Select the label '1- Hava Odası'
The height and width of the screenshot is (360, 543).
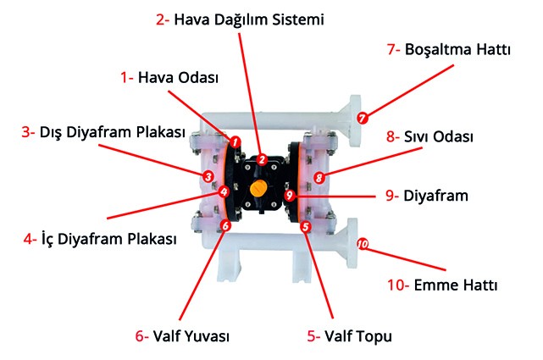point(169,77)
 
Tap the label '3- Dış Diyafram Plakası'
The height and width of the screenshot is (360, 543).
point(103,133)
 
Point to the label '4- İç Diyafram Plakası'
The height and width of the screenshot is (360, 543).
point(100,239)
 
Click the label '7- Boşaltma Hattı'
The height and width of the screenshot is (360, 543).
point(449,50)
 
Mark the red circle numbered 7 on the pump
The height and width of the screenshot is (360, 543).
point(363,119)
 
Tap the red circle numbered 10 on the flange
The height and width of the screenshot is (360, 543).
point(363,244)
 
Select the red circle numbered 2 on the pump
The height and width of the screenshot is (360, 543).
point(263,158)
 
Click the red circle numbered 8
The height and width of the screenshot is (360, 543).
point(319,177)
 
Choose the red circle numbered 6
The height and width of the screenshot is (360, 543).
point(225,226)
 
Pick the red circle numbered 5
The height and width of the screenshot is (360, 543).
point(306,226)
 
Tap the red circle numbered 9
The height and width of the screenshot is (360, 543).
point(290,195)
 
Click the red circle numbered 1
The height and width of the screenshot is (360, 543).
point(235,141)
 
